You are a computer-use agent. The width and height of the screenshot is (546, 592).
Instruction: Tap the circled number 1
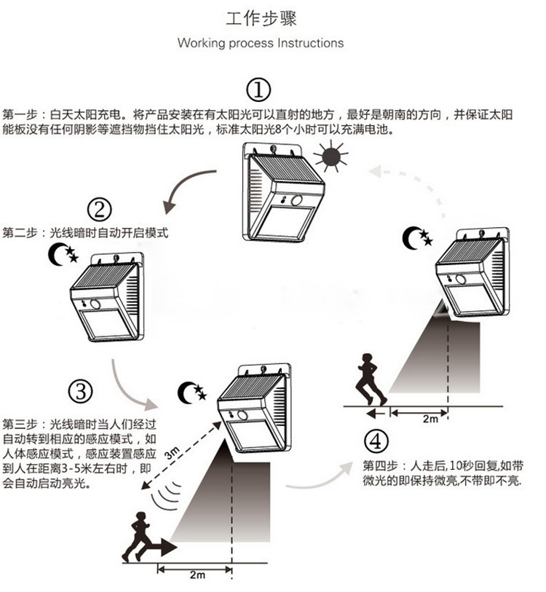(258, 91)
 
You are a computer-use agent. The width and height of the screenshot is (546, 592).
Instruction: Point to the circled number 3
(81, 391)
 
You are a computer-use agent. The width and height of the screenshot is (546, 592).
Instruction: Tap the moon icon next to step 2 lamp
(62, 254)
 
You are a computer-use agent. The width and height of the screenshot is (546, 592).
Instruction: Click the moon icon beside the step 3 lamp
(192, 392)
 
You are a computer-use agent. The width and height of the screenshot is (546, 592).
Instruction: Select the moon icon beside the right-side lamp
(417, 236)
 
